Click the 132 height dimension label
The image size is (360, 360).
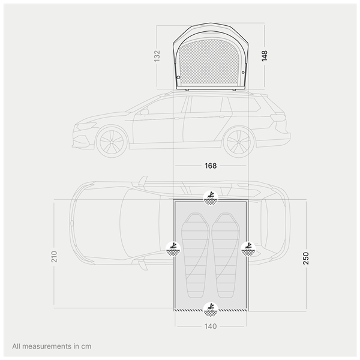click(157, 56)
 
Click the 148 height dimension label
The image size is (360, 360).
click(265, 56)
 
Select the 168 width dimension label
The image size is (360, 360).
click(211, 166)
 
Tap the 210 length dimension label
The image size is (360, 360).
click(54, 257)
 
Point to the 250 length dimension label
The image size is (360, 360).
click(306, 258)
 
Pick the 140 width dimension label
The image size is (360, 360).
click(211, 326)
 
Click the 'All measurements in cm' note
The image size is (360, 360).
click(52, 346)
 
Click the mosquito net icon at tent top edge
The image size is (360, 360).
click(211, 198)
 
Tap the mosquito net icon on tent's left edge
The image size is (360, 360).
click(173, 249)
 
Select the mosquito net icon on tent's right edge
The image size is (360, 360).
click(248, 249)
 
